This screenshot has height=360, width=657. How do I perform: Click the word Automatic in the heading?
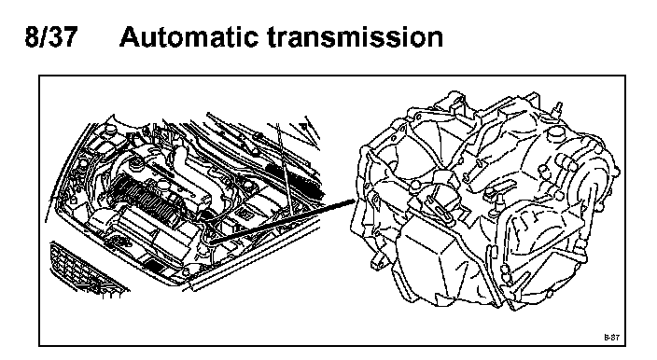pyautogui.click(x=189, y=36)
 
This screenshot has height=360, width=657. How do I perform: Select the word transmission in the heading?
pyautogui.click(x=356, y=36)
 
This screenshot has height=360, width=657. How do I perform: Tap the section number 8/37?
pyautogui.click(x=51, y=36)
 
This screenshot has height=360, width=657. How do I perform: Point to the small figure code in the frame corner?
pyautogui.click(x=611, y=337)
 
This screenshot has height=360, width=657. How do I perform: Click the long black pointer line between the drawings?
pyautogui.click(x=284, y=221)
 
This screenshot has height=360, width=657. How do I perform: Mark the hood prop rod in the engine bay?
pyautogui.click(x=284, y=168)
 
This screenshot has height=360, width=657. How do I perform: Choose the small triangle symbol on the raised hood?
pyautogui.click(x=303, y=125)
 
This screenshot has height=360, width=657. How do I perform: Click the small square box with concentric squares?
pyautogui.click(x=245, y=215)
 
